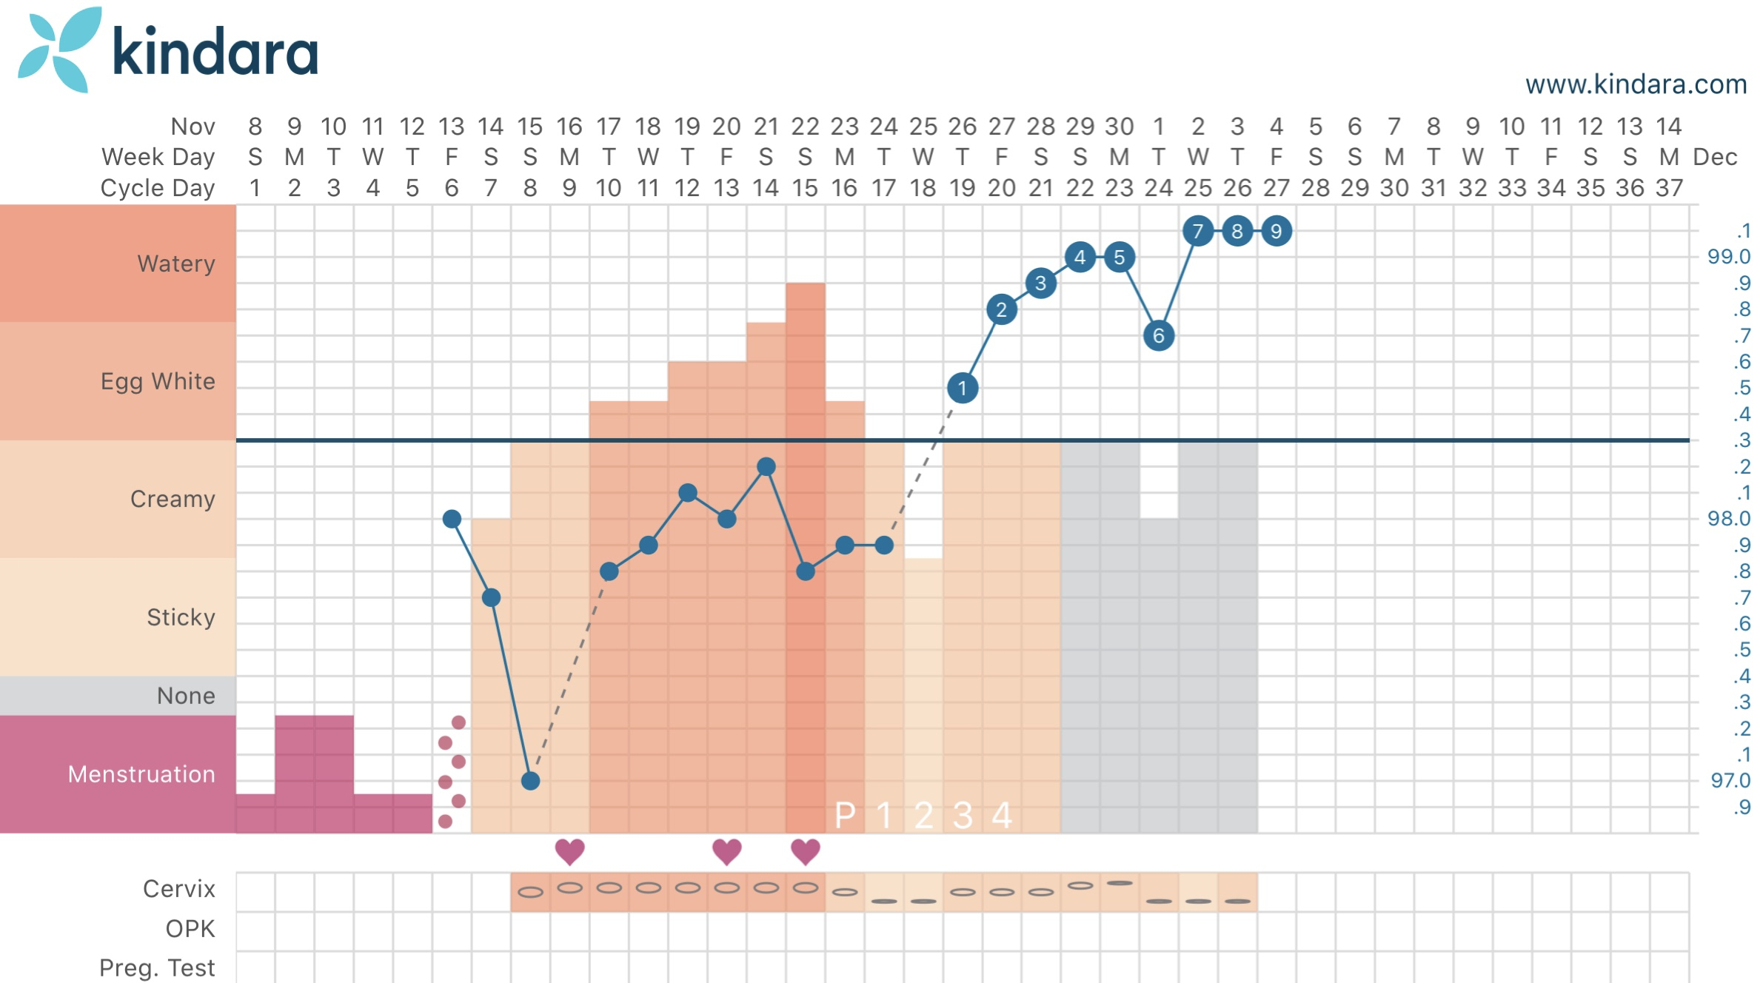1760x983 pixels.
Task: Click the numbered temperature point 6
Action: click(x=1159, y=336)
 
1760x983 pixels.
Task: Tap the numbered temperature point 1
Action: click(x=963, y=388)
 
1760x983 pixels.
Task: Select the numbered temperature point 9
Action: click(x=1276, y=231)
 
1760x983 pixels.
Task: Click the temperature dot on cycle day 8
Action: click(x=530, y=781)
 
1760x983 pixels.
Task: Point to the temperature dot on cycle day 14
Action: click(x=766, y=466)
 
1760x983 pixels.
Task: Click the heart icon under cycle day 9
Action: click(x=569, y=851)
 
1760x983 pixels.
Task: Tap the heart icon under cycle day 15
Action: click(x=806, y=851)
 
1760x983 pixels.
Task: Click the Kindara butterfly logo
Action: click(x=58, y=50)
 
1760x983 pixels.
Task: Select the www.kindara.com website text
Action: click(x=1636, y=84)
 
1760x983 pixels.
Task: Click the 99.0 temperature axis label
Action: click(x=1728, y=257)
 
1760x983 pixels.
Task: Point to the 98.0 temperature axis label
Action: click(x=1728, y=519)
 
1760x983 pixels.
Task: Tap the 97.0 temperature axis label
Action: click(x=1730, y=781)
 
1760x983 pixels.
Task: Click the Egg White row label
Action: click(x=158, y=381)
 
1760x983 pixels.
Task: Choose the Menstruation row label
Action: click(x=141, y=774)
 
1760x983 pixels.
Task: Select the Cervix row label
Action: click(x=178, y=889)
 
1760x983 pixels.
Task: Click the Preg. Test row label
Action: click(x=157, y=967)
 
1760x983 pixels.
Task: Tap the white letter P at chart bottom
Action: click(x=845, y=816)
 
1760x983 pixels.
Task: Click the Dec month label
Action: click(x=1715, y=157)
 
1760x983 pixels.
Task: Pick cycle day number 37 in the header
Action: click(x=1669, y=188)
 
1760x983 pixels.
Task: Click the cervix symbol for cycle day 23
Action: click(x=1120, y=883)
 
